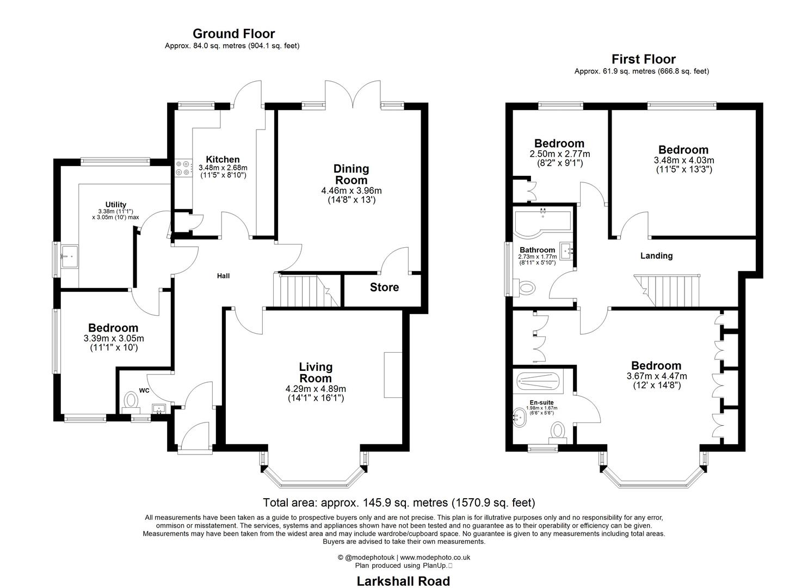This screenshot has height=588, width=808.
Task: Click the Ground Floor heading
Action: (x=233, y=34)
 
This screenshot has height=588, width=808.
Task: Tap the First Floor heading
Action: (x=643, y=59)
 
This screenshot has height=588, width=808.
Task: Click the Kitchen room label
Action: (x=223, y=160)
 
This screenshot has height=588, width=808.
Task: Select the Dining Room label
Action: (x=351, y=174)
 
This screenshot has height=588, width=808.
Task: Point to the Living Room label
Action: (x=316, y=372)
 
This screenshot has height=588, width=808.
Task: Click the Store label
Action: (x=384, y=287)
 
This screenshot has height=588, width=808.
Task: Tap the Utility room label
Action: (x=115, y=205)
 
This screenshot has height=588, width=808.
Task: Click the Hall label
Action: (x=223, y=276)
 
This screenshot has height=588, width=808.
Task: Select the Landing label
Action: (x=656, y=255)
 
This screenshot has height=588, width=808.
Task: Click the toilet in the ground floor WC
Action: (x=131, y=401)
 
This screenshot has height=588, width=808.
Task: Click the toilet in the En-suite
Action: (x=558, y=431)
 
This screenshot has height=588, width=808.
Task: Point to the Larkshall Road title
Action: (x=403, y=581)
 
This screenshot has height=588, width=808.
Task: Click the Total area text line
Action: (x=399, y=503)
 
